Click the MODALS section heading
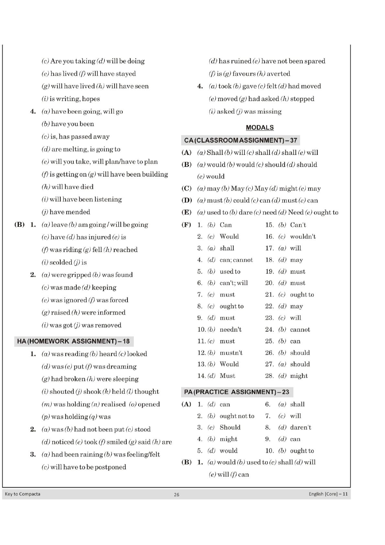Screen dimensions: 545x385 [259, 128]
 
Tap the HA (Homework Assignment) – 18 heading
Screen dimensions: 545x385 [73, 341]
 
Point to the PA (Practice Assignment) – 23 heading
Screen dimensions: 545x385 [236, 392]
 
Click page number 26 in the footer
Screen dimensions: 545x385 [176, 495]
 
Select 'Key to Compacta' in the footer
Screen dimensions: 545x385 [23, 494]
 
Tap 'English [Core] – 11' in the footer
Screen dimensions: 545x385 [328, 494]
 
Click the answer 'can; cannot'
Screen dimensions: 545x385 [236, 260]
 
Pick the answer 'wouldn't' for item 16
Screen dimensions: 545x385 [303, 237]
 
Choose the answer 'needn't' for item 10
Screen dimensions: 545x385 [230, 329]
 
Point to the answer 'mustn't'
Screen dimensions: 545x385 [231, 353]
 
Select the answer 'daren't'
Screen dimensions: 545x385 [301, 428]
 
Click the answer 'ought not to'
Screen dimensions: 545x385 [237, 416]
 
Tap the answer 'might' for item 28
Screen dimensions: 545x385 [299, 376]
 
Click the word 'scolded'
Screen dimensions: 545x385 [61, 262]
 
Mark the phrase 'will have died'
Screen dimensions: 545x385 [72, 187]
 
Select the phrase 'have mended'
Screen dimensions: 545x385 [70, 212]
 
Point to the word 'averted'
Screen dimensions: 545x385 [278, 73]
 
